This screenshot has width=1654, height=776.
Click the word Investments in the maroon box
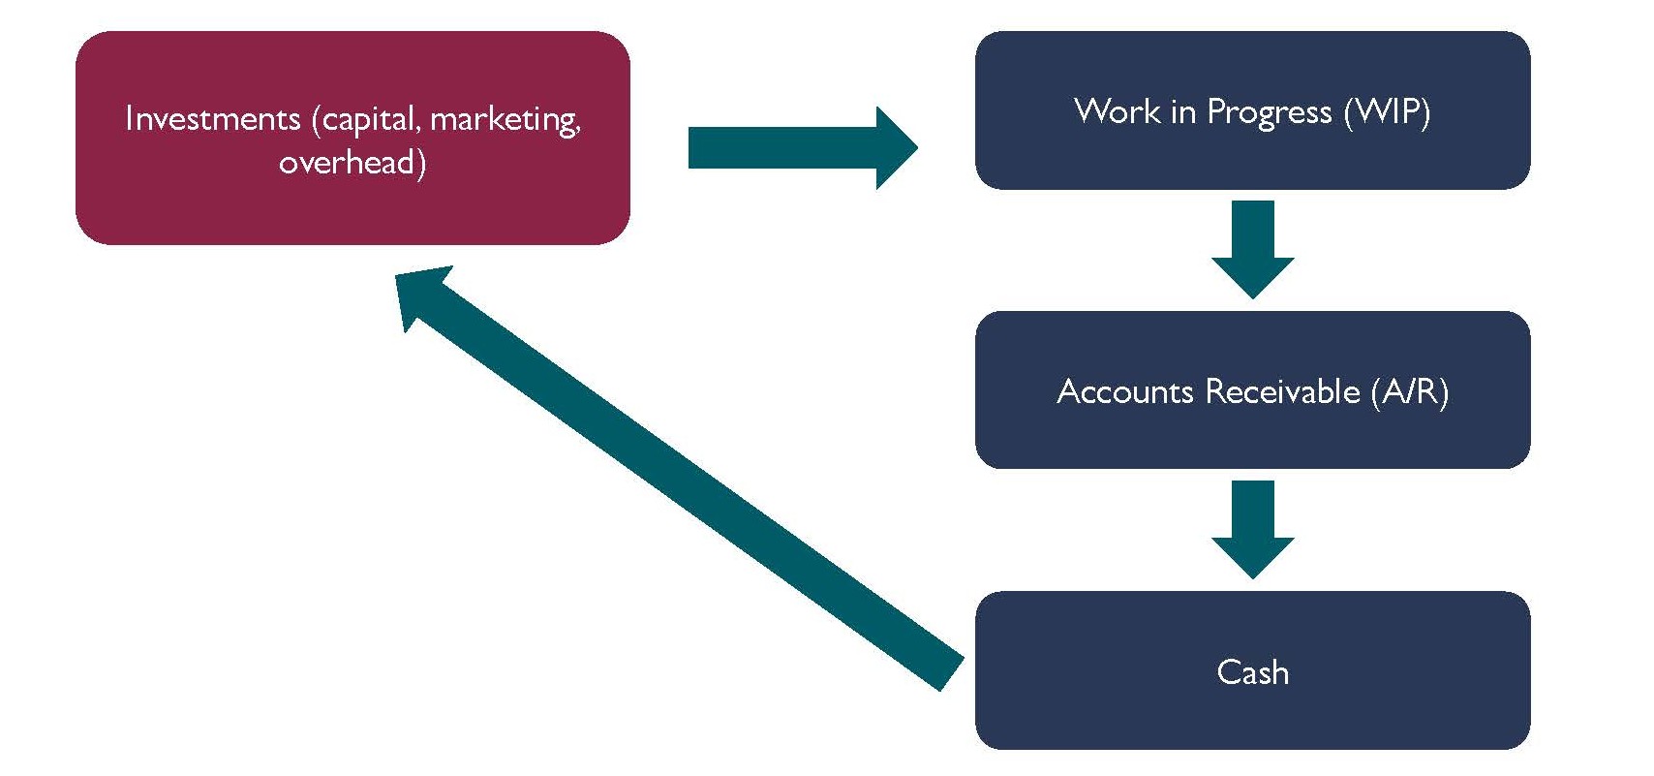(x=212, y=119)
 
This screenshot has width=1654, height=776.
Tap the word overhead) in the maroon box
(x=352, y=162)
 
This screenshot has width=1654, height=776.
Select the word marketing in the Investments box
(x=505, y=119)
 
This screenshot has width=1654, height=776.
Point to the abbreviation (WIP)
(x=1387, y=111)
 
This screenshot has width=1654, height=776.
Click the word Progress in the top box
(x=1269, y=112)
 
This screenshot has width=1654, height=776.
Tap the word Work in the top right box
(x=1118, y=111)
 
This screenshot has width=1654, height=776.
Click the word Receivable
(x=1283, y=391)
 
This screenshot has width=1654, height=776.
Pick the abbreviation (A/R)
(x=1410, y=391)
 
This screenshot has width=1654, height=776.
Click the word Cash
(x=1252, y=671)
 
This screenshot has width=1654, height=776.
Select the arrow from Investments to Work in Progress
(x=794, y=147)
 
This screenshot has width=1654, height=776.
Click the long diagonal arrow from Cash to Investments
(x=678, y=480)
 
